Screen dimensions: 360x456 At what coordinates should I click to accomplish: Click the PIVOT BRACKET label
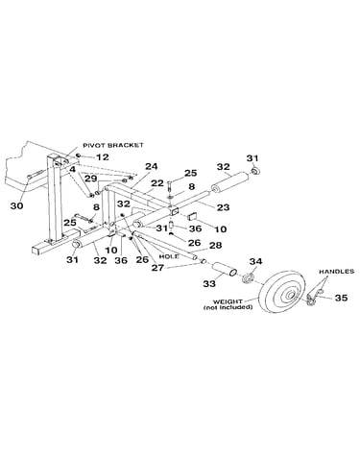(113, 145)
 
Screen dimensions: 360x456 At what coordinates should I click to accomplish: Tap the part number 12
(103, 157)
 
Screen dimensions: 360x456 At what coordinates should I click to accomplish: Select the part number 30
(16, 205)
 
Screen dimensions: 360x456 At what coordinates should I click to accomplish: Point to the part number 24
(152, 166)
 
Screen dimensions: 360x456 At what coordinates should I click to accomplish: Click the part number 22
(157, 183)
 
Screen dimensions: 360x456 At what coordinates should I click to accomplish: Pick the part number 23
(223, 207)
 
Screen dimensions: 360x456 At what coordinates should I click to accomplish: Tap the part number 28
(215, 245)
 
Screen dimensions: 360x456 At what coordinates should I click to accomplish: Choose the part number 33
(209, 283)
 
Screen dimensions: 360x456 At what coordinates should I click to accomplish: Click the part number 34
(255, 261)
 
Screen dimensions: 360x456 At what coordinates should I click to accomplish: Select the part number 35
(341, 298)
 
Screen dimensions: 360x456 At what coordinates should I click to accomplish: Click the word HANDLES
(336, 272)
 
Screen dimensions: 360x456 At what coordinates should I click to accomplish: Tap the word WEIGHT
(228, 301)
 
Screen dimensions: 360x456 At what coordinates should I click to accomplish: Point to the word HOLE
(169, 256)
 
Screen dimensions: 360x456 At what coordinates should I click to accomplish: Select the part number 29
(91, 179)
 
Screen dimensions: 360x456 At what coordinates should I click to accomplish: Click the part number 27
(157, 268)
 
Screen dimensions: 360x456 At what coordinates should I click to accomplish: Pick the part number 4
(73, 169)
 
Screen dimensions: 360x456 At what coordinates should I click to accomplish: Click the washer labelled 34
(249, 277)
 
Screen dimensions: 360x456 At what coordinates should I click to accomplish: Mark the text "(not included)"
(228, 307)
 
